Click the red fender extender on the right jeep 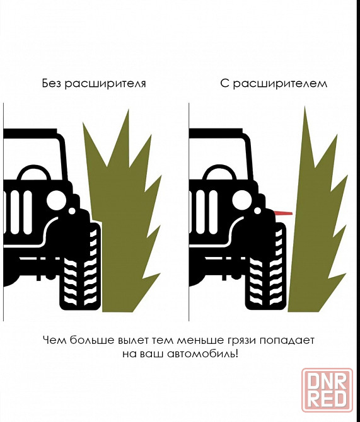pos(283,214)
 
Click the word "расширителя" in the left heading pos(105,84)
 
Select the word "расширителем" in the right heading pos(280,84)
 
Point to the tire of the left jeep pos(80,269)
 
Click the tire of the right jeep pos(265,269)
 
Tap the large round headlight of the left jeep pos(56,200)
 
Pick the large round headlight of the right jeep pos(242,200)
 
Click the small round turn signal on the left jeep pos(72,211)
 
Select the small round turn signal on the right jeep pos(258,211)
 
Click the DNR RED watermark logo pos(327,390)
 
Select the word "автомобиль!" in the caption pos(202,353)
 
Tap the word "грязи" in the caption pos(241,341)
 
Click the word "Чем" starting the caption pos(55,340)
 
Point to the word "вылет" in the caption pos(133,341)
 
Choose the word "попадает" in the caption pos(287,341)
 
